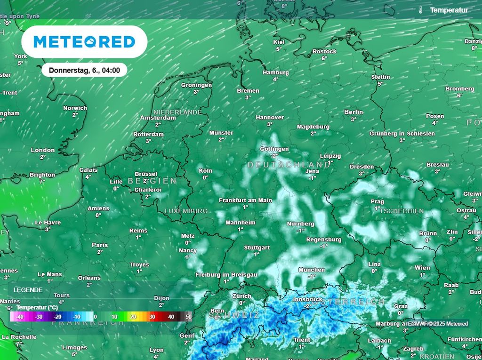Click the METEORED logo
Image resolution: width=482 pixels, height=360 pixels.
point(84,42)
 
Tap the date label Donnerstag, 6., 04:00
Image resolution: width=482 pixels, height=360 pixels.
point(84,71)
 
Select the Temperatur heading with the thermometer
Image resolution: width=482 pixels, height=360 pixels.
point(444,10)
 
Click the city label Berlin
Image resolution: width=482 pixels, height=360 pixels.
point(353,112)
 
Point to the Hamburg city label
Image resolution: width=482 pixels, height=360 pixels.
point(276,72)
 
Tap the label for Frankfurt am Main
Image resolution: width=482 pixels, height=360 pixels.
point(245,200)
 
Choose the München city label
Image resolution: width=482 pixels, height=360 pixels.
point(312,270)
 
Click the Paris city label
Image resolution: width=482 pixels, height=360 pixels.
point(100,245)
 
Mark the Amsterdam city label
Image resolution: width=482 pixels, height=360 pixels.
point(158,118)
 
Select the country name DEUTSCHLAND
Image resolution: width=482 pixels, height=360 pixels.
point(289,165)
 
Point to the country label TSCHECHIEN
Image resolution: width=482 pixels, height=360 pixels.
point(402,211)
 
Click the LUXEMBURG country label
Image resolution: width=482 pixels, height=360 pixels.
point(186,211)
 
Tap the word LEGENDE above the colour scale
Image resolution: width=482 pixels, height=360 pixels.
point(28,290)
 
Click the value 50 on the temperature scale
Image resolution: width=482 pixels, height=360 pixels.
point(189,317)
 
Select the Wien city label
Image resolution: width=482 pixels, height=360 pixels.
point(422,268)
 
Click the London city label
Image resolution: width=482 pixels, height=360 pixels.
point(43,150)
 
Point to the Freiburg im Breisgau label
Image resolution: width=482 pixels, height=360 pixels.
point(226,274)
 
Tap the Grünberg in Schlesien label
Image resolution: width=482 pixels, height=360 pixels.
point(402,134)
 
